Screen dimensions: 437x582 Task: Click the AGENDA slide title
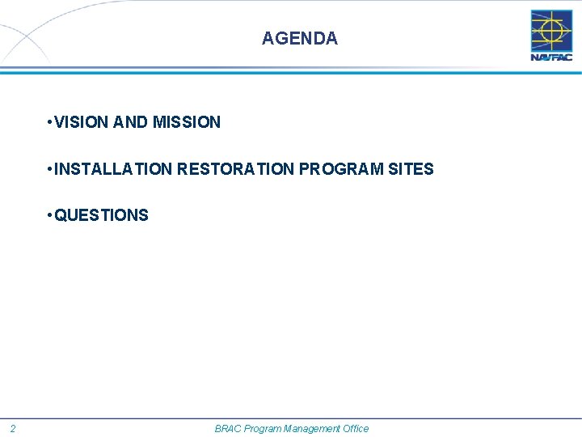[x=300, y=38]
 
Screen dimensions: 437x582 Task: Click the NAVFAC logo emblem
[x=551, y=31]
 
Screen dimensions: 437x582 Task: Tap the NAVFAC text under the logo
[x=551, y=57]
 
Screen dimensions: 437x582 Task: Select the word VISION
[x=82, y=122]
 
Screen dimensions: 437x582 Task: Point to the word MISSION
[x=186, y=122]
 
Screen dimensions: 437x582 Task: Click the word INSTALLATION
[x=113, y=169]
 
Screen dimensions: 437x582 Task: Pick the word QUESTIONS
[x=101, y=215]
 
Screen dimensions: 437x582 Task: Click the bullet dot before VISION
[x=50, y=122]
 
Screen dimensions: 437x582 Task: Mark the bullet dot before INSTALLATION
[x=50, y=169]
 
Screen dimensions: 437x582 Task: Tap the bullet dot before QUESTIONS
[x=50, y=215]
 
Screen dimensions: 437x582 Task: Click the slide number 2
[x=13, y=429]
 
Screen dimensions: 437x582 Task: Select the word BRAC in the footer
[x=227, y=429]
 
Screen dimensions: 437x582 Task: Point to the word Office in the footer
[x=355, y=429]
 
